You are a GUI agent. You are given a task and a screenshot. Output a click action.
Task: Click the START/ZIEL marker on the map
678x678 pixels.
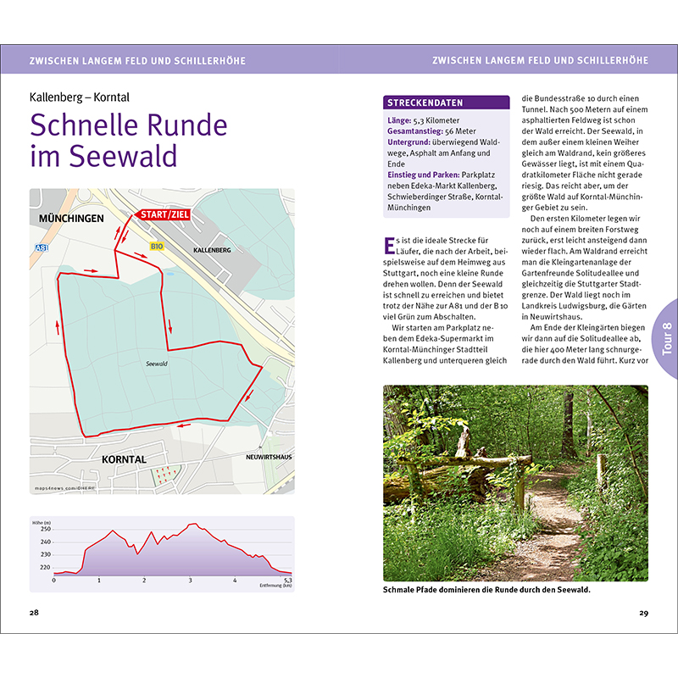164,215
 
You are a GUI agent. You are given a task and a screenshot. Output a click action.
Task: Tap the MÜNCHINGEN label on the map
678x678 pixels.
70,219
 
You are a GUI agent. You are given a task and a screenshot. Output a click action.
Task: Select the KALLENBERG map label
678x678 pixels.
212,252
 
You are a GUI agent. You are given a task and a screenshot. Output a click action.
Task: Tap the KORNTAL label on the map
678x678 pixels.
124,459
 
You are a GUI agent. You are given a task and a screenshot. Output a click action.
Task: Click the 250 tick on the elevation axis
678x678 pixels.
45,529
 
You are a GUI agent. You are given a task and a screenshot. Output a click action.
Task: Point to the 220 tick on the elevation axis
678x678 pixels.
45,567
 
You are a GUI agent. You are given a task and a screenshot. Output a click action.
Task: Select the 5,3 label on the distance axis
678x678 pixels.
287,581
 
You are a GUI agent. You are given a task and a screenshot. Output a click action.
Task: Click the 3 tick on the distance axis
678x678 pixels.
190,581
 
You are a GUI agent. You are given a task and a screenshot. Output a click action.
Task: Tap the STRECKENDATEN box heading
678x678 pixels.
425,103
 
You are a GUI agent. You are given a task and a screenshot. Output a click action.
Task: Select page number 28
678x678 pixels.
34,613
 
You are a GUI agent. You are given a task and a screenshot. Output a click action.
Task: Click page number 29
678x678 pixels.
643,613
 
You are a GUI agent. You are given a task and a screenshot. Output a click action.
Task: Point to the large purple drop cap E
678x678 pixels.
390,246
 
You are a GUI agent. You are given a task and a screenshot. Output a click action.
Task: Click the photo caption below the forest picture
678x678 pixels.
486,590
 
